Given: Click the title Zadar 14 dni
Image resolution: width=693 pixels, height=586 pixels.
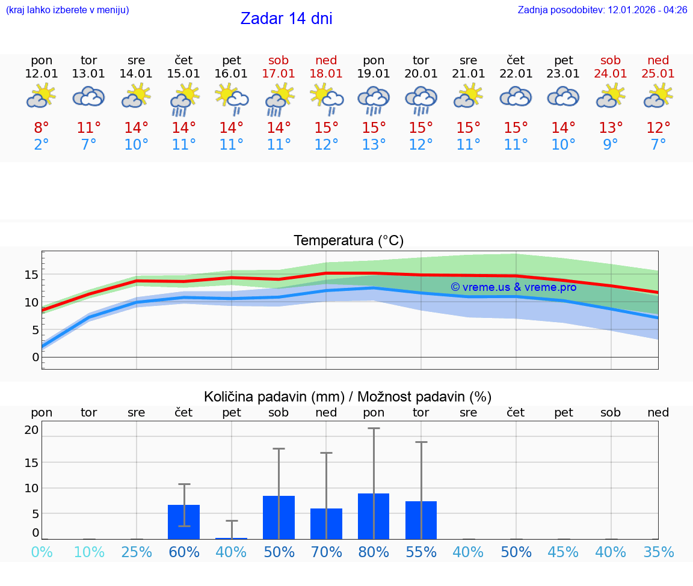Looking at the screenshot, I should (x=286, y=19).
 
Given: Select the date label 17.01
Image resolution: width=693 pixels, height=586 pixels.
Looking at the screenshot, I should (x=279, y=74).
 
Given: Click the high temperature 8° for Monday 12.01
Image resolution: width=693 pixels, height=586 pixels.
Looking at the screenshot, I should (x=42, y=128).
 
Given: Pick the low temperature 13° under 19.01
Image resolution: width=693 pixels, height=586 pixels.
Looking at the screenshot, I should (x=374, y=145).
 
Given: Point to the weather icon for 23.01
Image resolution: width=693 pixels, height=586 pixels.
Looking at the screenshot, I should (x=563, y=97).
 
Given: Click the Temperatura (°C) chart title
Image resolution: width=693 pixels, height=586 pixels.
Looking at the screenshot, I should (x=348, y=241).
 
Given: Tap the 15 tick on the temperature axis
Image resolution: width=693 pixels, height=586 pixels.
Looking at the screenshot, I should (x=31, y=275).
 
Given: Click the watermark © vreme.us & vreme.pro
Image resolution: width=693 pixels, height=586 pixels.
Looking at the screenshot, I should (x=514, y=287).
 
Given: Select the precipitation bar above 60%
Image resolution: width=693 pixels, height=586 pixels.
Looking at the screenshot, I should (x=184, y=522).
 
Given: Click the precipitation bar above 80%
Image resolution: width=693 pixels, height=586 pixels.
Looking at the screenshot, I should (x=374, y=516).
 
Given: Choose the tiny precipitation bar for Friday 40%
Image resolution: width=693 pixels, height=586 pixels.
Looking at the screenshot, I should (x=232, y=538).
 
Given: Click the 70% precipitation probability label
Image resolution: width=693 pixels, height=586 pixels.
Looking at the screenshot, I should (x=327, y=552).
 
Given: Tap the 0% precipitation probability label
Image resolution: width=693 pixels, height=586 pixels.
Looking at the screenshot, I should (x=42, y=552).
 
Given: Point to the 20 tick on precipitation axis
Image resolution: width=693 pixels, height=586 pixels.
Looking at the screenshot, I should (x=31, y=430).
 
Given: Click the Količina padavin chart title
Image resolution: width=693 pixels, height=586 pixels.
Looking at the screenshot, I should (x=348, y=397).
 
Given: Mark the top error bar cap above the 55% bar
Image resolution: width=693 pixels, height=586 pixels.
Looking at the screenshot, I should (x=421, y=442).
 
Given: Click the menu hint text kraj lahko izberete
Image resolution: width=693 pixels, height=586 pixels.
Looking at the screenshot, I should (x=67, y=10).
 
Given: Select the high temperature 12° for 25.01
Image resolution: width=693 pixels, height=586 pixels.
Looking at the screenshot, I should (x=658, y=128).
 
